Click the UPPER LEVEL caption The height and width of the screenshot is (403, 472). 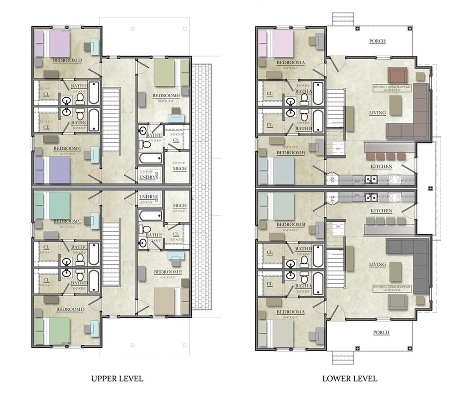click(x=117, y=379)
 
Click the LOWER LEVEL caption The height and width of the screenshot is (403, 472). click(x=350, y=379)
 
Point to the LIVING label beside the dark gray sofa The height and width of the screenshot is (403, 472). click(x=377, y=264)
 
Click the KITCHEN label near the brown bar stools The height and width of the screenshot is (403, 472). click(x=381, y=166)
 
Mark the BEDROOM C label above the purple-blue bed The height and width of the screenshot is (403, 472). click(x=67, y=148)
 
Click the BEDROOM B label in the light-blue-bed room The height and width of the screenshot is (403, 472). click(x=291, y=152)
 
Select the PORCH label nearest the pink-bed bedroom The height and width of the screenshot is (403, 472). click(x=377, y=41)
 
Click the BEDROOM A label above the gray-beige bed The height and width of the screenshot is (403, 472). click(x=291, y=312)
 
